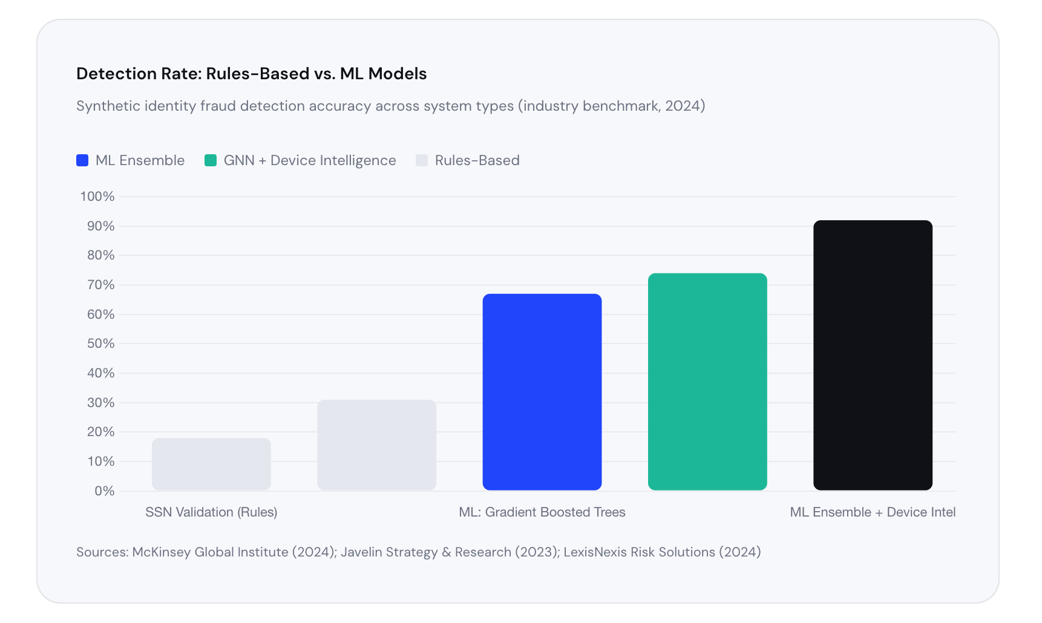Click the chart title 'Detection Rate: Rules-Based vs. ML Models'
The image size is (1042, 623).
251,74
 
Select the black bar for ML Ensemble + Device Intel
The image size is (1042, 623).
873,355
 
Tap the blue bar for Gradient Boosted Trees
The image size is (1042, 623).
542,392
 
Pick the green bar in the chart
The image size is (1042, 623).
707,382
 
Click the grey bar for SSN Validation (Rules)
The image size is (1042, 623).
211,464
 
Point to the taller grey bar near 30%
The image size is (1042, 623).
376,445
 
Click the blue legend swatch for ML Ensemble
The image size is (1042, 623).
82,160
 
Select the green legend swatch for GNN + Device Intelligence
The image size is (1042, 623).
211,160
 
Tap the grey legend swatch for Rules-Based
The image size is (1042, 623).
422,160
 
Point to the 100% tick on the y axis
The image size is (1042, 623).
97,197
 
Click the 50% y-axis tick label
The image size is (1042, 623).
100,344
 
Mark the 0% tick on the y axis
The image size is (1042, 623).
104,491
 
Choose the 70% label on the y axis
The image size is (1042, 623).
100,285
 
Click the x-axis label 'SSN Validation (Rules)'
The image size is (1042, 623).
211,512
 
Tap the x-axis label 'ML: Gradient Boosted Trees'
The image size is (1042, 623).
542,512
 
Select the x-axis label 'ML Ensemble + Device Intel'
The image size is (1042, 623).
873,512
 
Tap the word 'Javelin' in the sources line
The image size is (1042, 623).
361,552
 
